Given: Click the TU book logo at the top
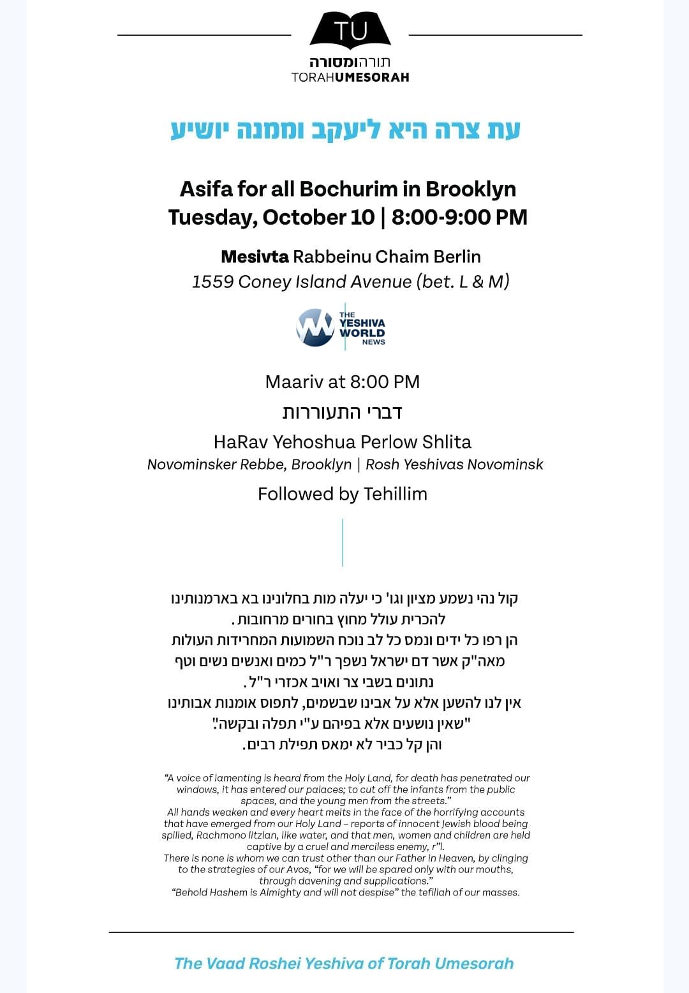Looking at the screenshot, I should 350,31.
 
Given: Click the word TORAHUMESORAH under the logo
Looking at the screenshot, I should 350,77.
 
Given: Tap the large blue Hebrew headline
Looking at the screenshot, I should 345,130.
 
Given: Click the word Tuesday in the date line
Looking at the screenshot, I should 210,217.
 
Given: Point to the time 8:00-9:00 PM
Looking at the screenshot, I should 459,217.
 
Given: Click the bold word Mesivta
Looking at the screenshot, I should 255,257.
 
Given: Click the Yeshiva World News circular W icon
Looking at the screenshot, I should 315,328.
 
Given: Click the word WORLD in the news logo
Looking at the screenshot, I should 362,332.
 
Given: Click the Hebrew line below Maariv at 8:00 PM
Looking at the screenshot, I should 343,412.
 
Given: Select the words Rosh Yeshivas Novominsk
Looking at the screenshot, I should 454,465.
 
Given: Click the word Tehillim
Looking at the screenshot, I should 396,494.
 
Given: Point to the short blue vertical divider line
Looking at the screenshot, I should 343,542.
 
